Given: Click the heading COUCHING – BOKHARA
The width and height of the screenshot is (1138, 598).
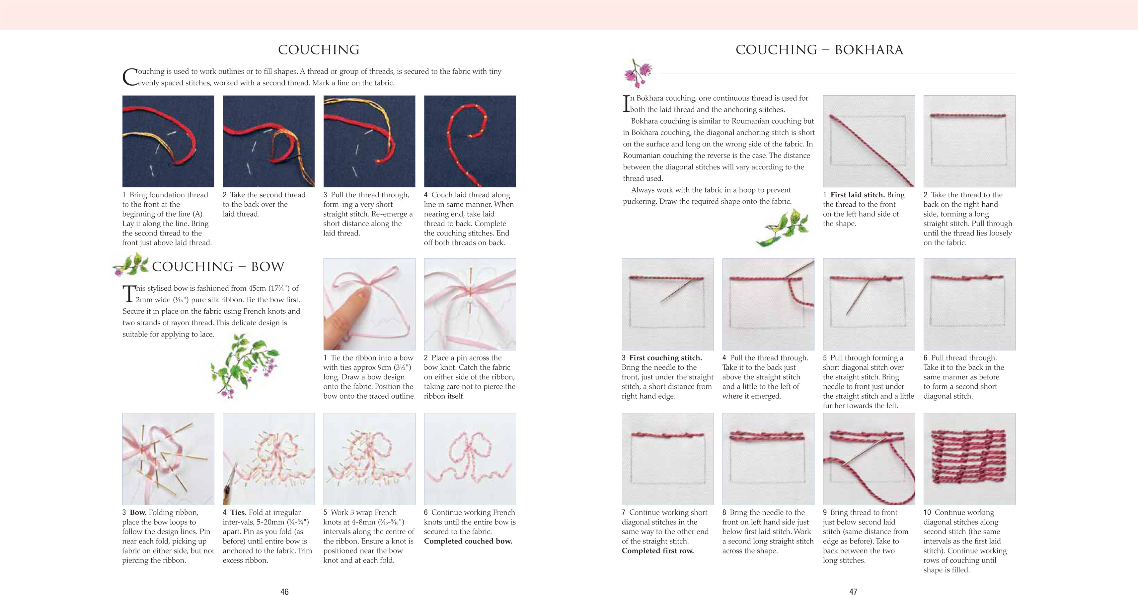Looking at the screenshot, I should (x=819, y=50).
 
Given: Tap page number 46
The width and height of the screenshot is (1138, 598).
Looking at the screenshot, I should (x=284, y=591).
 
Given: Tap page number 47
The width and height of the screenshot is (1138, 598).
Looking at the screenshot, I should (x=853, y=591).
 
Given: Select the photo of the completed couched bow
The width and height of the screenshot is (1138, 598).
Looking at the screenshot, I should (x=470, y=459).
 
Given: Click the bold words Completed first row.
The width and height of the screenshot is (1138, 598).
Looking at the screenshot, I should (x=657, y=551).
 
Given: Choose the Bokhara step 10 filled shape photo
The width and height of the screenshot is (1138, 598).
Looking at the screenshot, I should (x=969, y=459).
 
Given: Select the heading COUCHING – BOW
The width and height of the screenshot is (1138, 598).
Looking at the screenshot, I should (x=218, y=266).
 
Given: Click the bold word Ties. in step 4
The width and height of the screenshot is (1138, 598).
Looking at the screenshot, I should (x=238, y=512).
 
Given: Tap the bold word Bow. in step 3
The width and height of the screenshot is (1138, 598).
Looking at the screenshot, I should (x=138, y=512).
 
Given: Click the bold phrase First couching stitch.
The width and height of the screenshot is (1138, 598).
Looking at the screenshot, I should (x=665, y=357).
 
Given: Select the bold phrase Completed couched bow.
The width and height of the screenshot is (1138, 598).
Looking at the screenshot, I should (x=468, y=541).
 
